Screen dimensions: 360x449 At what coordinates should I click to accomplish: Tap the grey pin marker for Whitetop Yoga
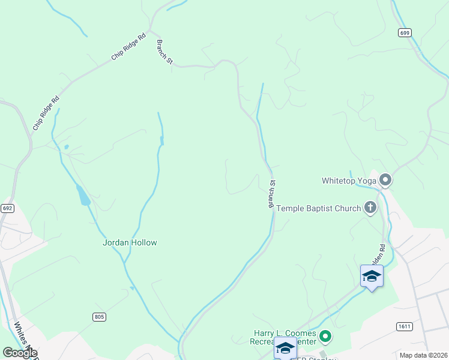(x=385, y=179)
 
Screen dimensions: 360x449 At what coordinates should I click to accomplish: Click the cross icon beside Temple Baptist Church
(x=370, y=208)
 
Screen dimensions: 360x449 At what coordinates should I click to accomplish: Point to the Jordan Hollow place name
(x=130, y=242)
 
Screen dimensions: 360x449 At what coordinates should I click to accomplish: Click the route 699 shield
(x=404, y=32)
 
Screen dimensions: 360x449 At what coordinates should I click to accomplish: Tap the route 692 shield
(x=7, y=208)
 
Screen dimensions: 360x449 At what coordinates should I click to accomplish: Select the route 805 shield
(x=100, y=316)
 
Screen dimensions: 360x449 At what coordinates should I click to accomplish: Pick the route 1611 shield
(x=404, y=326)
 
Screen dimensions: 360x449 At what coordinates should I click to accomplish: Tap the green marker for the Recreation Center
(x=325, y=337)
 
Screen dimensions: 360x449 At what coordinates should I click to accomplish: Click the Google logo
(x=20, y=352)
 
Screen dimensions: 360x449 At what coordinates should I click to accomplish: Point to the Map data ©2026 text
(x=423, y=355)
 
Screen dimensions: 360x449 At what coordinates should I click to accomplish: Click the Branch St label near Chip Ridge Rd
(x=164, y=52)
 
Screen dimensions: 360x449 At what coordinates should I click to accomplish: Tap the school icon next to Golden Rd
(x=372, y=276)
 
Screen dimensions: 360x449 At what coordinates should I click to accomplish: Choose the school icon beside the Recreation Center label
(x=285, y=348)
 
